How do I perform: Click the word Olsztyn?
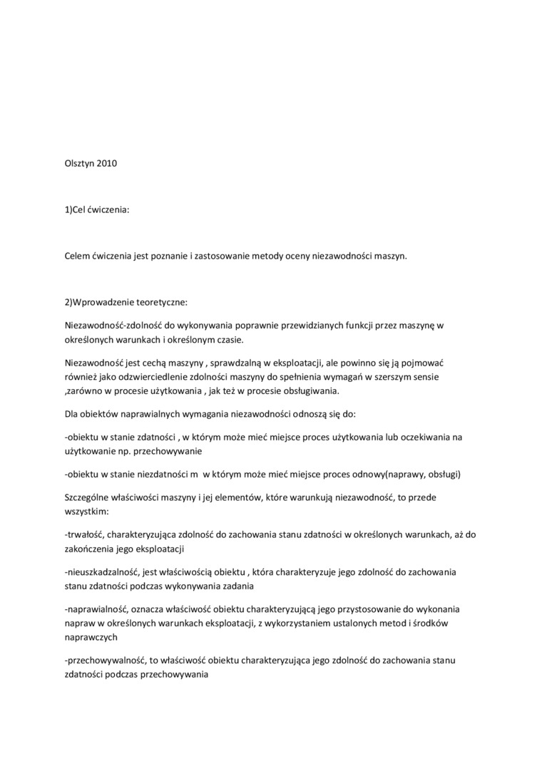pos(79,163)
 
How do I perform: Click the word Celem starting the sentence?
pos(77,256)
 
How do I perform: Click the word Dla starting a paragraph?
pos(72,414)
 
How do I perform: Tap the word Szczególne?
pos(88,497)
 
